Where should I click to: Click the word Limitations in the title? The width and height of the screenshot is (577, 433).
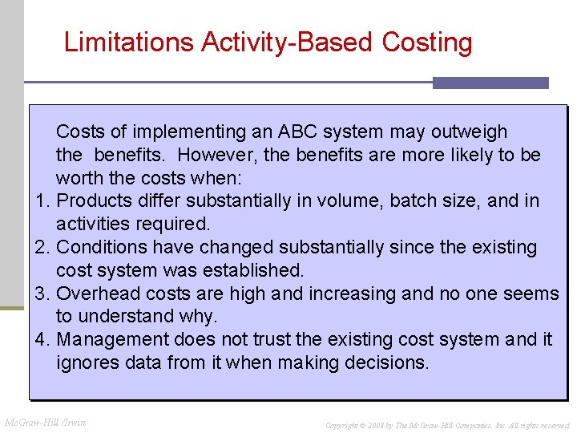point(129,42)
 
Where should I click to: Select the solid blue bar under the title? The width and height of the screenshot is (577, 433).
point(490,83)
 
